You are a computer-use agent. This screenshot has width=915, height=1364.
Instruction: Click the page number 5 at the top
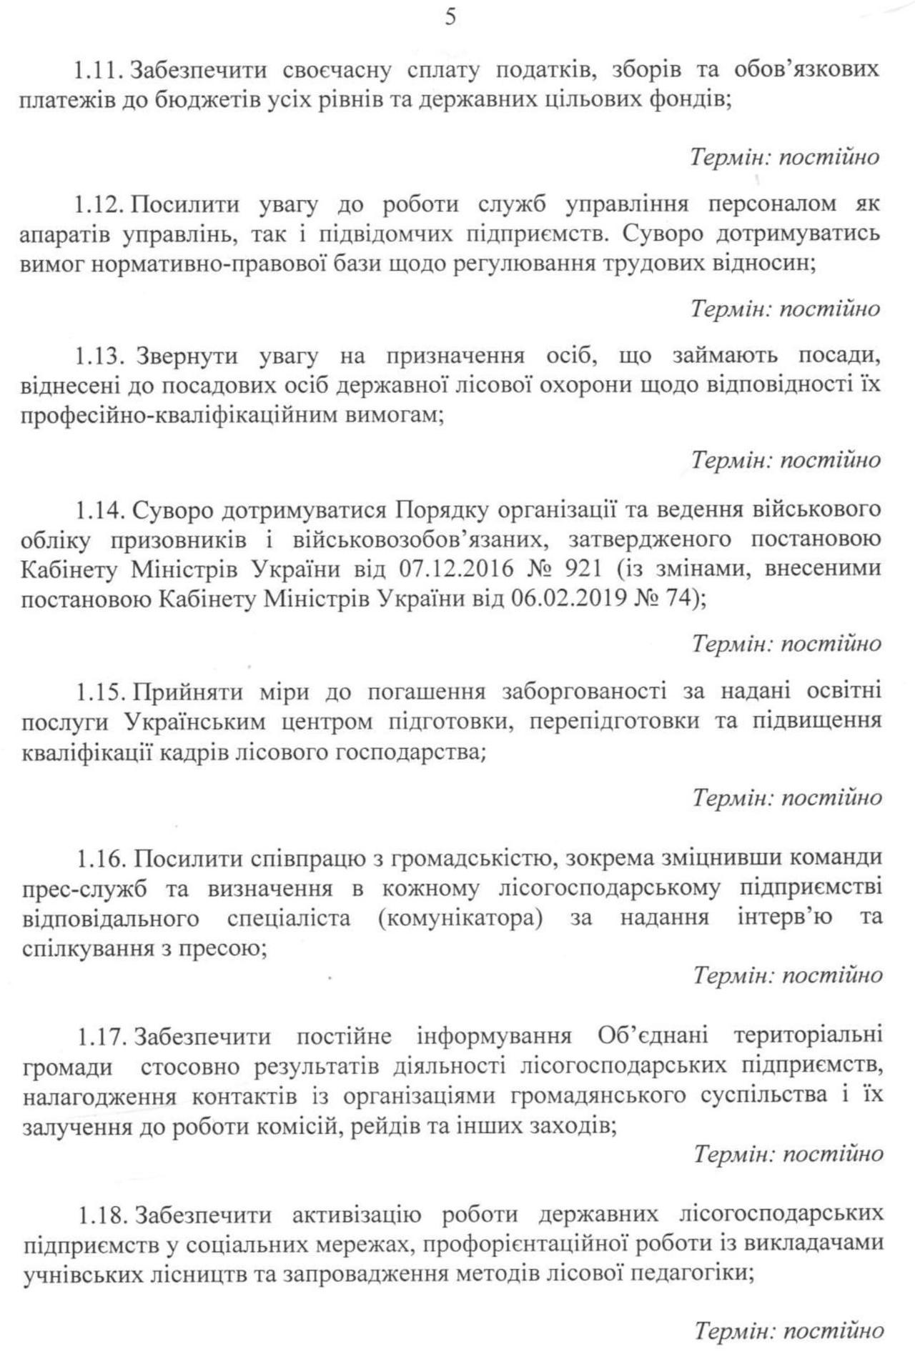(450, 17)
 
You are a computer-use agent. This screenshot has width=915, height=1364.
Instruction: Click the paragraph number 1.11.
(100, 71)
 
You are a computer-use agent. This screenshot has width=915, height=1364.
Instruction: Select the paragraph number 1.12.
(101, 205)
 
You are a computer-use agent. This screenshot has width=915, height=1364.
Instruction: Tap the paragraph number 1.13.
(102, 356)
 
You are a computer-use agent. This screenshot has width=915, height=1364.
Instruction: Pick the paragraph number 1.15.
(102, 692)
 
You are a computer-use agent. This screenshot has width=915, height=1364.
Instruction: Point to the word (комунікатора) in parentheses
(460, 918)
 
